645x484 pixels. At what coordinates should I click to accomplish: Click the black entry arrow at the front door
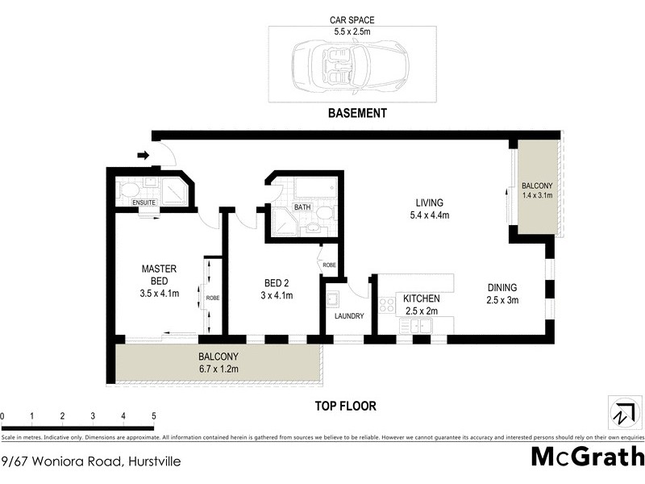[x=144, y=155]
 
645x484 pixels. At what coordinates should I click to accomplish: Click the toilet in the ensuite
[x=129, y=190]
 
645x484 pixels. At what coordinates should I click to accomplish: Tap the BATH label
[x=302, y=207]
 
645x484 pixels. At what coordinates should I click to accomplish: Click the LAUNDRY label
[x=350, y=316]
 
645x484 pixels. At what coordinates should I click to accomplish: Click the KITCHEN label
[x=422, y=298]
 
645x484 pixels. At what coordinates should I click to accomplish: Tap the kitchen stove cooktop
[x=386, y=304]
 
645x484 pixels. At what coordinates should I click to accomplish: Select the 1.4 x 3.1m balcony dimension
[x=535, y=195]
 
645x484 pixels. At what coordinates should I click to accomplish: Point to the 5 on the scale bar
[x=153, y=416]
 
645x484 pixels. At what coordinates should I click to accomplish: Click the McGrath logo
[x=587, y=456]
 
